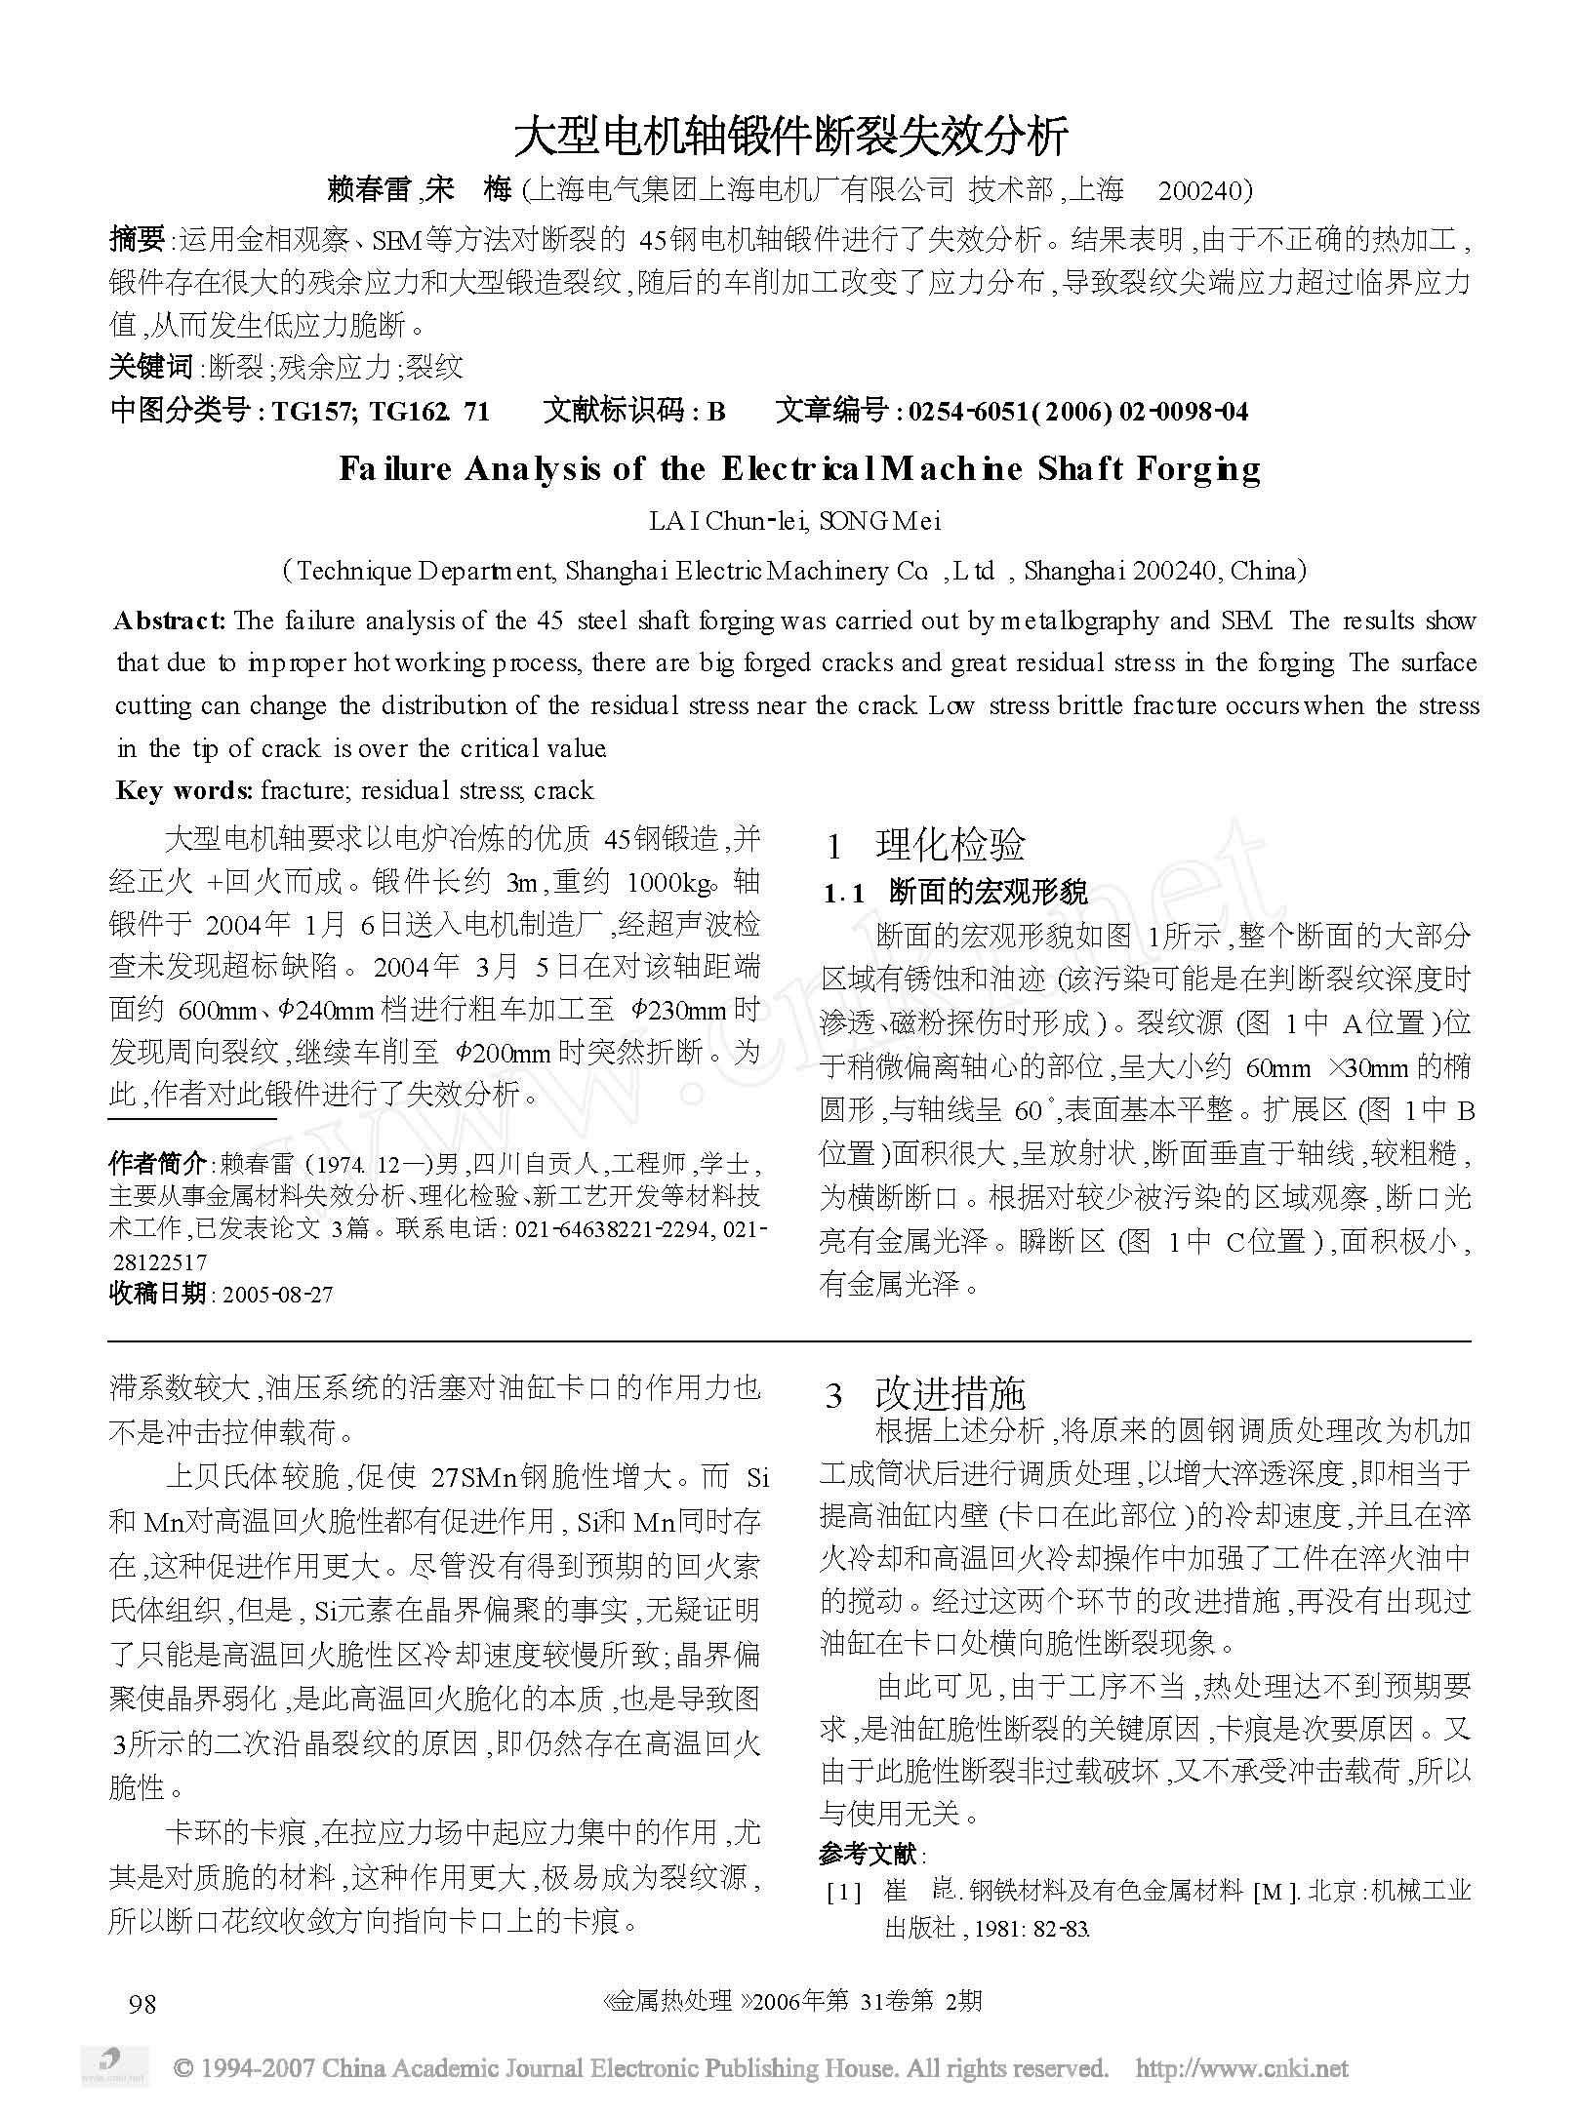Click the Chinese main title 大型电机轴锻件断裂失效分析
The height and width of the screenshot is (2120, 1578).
[790, 137]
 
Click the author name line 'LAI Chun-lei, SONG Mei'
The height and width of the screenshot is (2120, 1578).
[794, 521]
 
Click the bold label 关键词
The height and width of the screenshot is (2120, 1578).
[151, 367]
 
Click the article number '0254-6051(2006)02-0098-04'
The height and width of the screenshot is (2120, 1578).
[1077, 412]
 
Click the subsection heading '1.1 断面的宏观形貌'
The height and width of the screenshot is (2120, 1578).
[955, 893]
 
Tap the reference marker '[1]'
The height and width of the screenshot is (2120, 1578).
[843, 1894]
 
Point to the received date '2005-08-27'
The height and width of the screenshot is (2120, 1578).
[277, 1295]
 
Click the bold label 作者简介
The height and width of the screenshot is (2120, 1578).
[157, 1164]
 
